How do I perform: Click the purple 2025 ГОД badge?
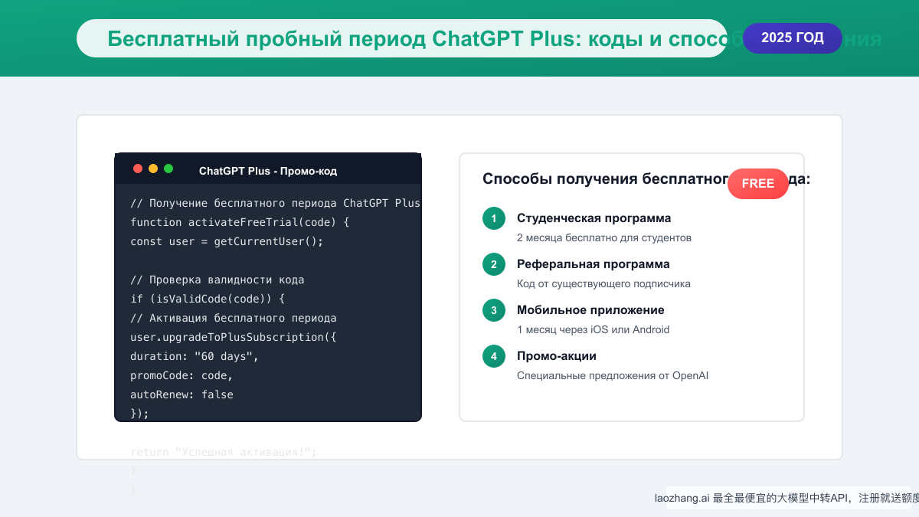(x=792, y=38)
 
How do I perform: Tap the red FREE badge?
(x=757, y=184)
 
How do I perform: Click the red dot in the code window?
(x=138, y=169)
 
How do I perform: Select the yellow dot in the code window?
(x=153, y=169)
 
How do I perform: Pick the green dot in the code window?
(x=168, y=169)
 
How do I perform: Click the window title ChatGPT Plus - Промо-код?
(x=267, y=171)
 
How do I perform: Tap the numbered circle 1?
(x=494, y=218)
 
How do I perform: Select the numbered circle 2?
(x=494, y=264)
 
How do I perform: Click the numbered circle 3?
(x=494, y=310)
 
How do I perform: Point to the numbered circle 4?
(x=494, y=356)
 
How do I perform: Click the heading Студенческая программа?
(x=594, y=218)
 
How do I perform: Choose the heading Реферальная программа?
(x=593, y=264)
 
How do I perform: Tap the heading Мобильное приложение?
(x=590, y=310)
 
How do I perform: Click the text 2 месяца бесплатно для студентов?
(x=603, y=238)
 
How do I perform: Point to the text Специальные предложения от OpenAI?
(x=612, y=376)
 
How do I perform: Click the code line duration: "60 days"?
(x=195, y=357)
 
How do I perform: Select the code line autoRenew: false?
(x=182, y=395)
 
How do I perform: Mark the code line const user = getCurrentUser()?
(x=227, y=242)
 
